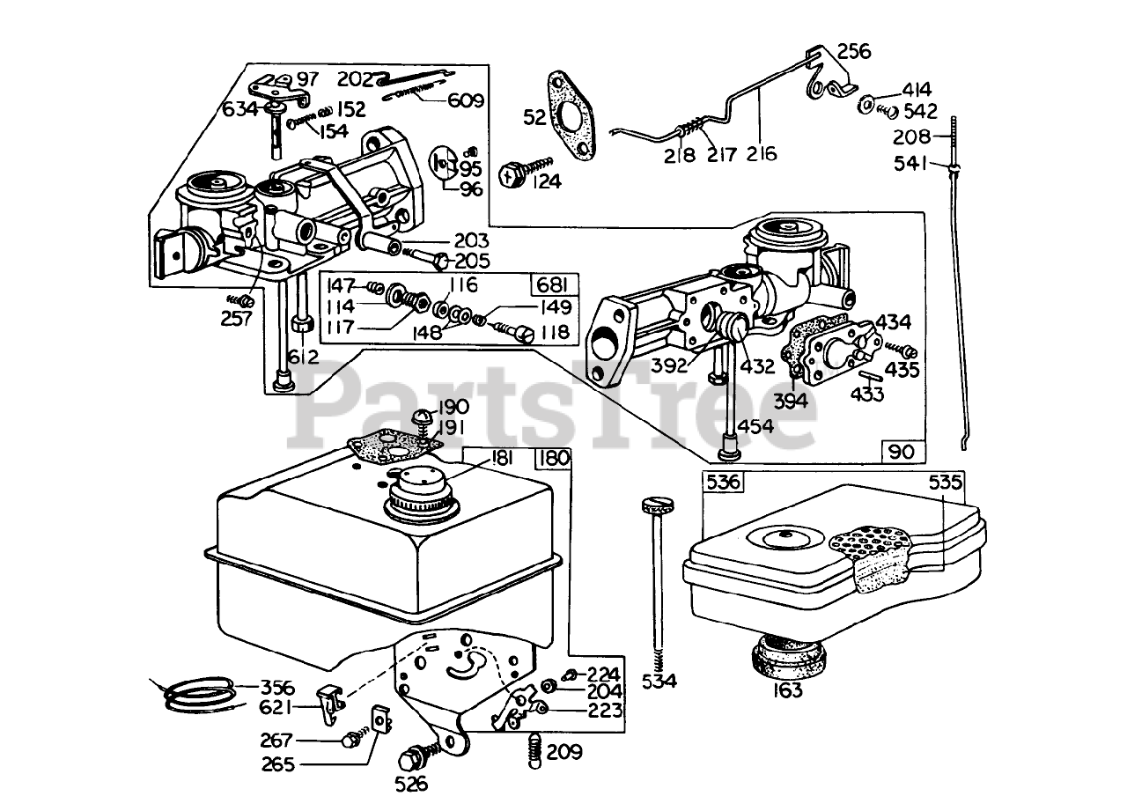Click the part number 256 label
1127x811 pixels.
click(x=854, y=51)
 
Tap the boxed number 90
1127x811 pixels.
click(x=902, y=451)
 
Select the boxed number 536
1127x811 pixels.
click(x=723, y=483)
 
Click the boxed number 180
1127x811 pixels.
click(x=554, y=458)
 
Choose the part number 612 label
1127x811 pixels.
click(x=303, y=357)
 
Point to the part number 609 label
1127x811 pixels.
click(x=466, y=100)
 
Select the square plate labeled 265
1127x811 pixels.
click(x=381, y=722)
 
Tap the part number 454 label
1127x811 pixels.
click(x=755, y=426)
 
